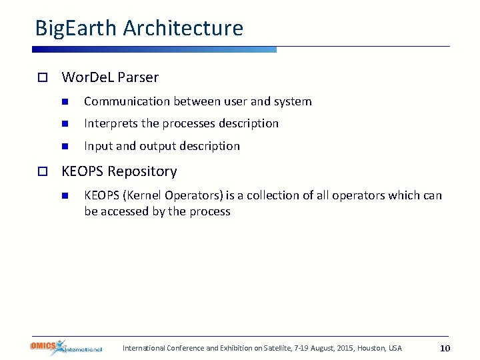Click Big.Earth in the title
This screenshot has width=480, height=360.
point(76,28)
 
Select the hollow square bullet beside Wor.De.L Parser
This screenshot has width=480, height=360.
point(41,77)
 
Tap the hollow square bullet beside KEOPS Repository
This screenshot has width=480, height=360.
point(41,172)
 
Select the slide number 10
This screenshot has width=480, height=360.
point(445,348)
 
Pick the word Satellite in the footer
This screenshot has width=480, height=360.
point(265,348)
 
